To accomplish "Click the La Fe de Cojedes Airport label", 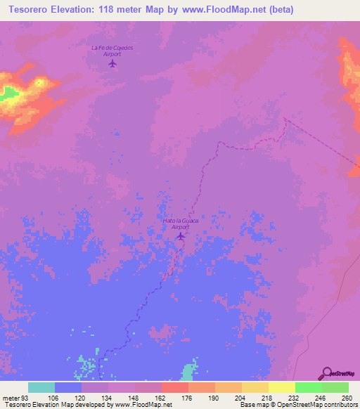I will click(x=112, y=50).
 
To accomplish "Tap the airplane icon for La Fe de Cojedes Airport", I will click(x=112, y=63).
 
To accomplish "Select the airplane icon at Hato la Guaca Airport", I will click(x=181, y=236).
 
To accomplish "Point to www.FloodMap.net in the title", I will click(x=226, y=9).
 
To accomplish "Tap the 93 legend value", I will click(x=25, y=397).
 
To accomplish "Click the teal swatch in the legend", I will click(x=41, y=387).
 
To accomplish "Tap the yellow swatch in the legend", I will click(x=282, y=387).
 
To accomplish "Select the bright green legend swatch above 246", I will click(x=309, y=387).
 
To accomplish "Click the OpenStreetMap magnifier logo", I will click(x=327, y=373).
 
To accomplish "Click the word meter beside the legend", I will click(x=11, y=397).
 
